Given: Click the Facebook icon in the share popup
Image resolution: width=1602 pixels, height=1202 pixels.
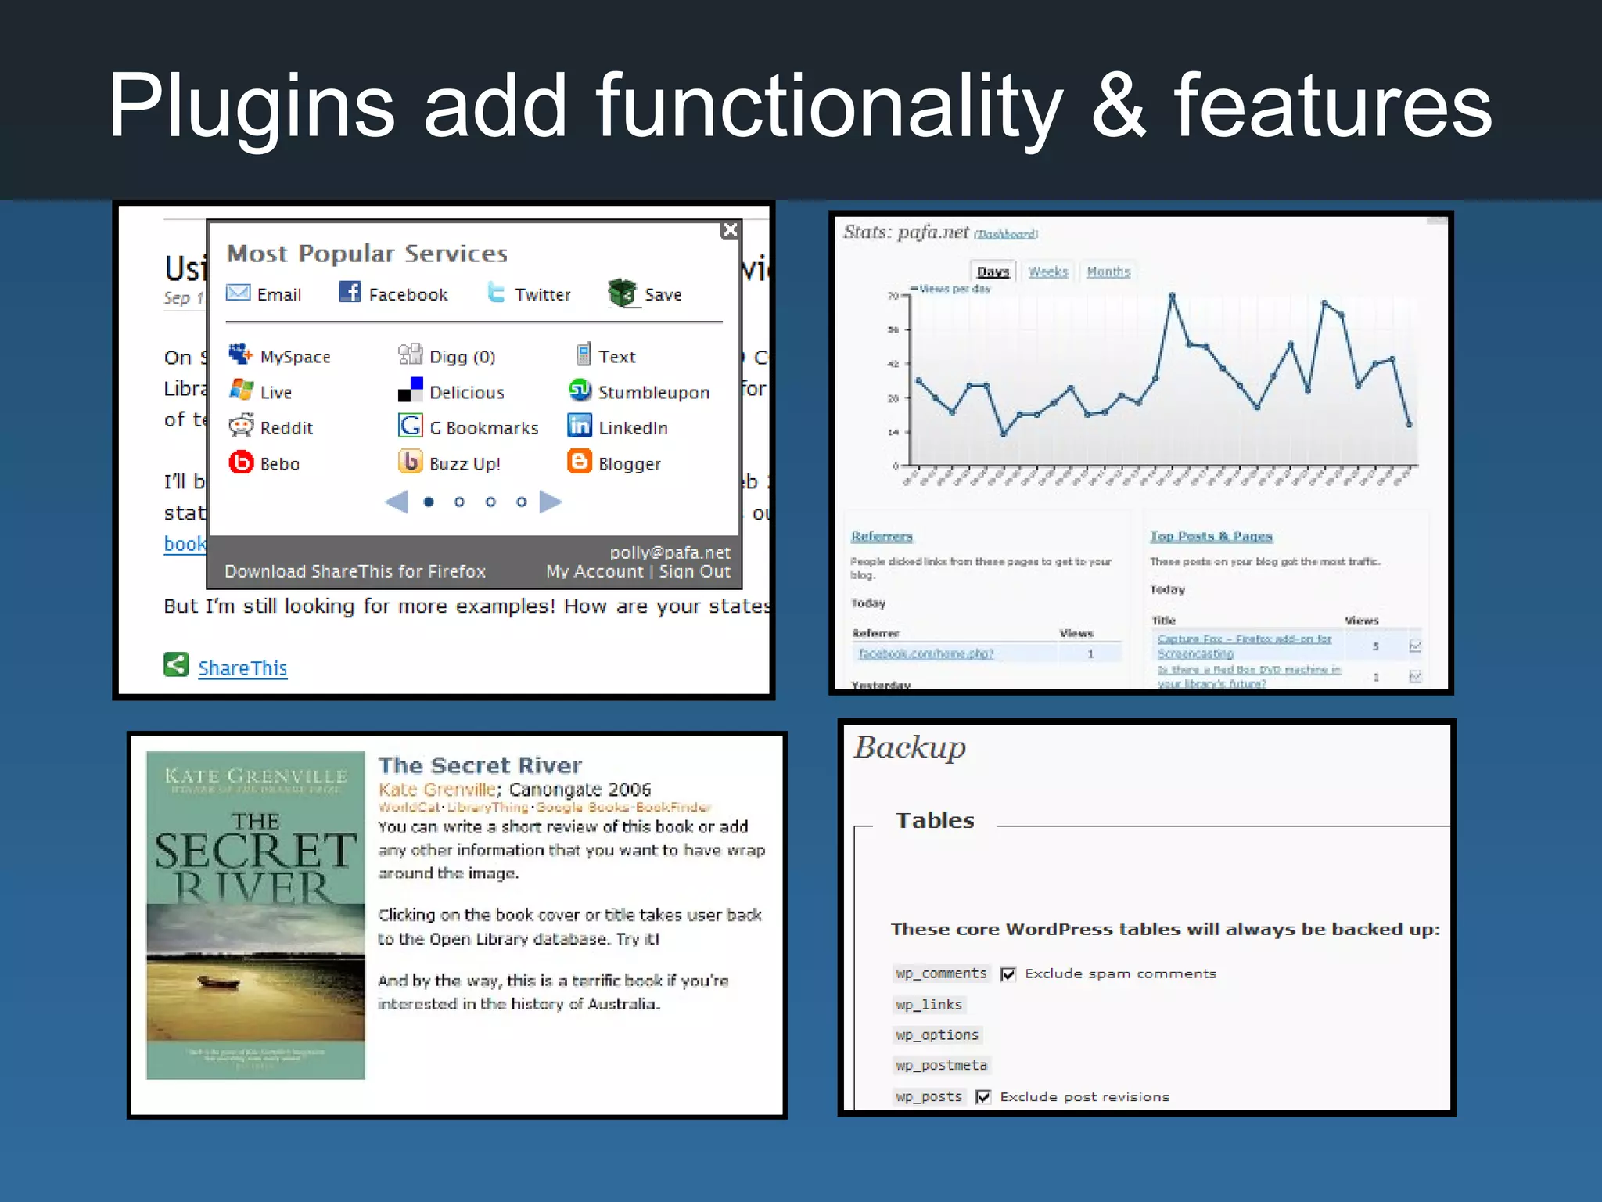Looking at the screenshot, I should [x=350, y=292].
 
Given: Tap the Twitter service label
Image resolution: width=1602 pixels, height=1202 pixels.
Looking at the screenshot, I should [x=542, y=294].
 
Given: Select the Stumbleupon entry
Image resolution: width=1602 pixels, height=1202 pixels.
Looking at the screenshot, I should [x=652, y=392].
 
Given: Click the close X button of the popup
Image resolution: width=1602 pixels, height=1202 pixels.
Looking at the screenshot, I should [x=730, y=229].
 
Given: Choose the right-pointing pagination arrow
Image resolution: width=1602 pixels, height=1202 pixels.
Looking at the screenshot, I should [x=551, y=502].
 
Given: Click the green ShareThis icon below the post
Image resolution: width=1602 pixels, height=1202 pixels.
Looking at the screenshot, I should [x=176, y=665].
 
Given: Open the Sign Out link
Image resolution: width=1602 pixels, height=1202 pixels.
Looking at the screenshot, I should [x=694, y=571].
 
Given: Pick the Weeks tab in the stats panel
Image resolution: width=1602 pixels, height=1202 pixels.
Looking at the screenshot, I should [x=1047, y=272].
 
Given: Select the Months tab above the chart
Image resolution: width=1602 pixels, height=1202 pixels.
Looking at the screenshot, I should [x=1108, y=272].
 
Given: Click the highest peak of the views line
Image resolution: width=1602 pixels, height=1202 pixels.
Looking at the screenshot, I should [x=1172, y=295].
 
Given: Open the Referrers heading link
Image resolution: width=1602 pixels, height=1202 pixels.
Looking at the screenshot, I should [x=882, y=536].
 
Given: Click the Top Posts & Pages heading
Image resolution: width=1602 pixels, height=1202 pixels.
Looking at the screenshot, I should [x=1210, y=536].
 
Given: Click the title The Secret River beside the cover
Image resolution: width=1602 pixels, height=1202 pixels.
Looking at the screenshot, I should [x=480, y=765].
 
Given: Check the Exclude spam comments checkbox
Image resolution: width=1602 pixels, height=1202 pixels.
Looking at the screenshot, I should [x=1008, y=973].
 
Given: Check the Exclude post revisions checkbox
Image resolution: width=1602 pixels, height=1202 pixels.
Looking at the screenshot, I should [x=983, y=1096].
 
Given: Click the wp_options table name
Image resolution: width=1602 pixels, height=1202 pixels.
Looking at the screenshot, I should [x=937, y=1035].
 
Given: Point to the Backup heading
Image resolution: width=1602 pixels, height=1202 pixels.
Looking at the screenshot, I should [x=910, y=747].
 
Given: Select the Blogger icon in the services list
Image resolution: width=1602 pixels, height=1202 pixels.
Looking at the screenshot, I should [x=579, y=462].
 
